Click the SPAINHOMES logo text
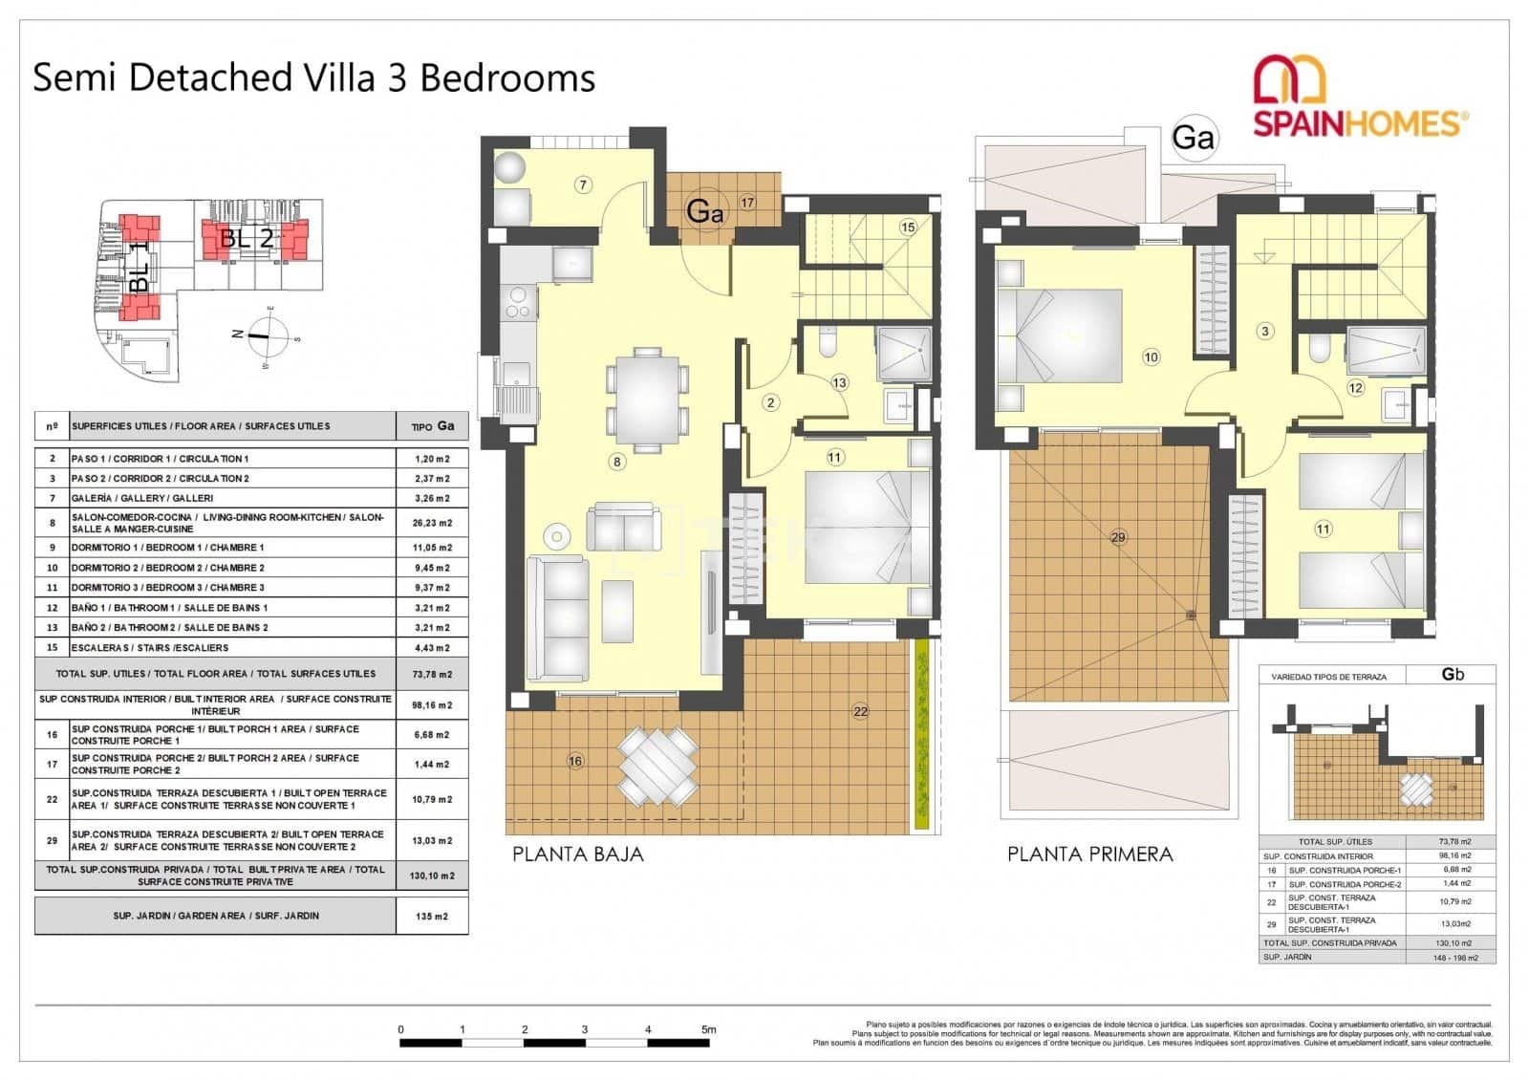1357,124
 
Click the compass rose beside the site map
260,335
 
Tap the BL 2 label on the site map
247,238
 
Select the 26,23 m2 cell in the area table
432,523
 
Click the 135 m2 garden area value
432,916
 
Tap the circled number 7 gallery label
583,184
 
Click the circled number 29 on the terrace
1118,537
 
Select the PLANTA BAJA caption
577,854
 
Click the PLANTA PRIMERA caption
1089,854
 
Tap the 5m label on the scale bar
708,1029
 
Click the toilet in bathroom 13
828,344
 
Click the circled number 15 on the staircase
907,227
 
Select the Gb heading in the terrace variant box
1452,674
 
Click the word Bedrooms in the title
507,77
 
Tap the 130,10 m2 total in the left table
432,876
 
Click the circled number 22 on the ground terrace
860,711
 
